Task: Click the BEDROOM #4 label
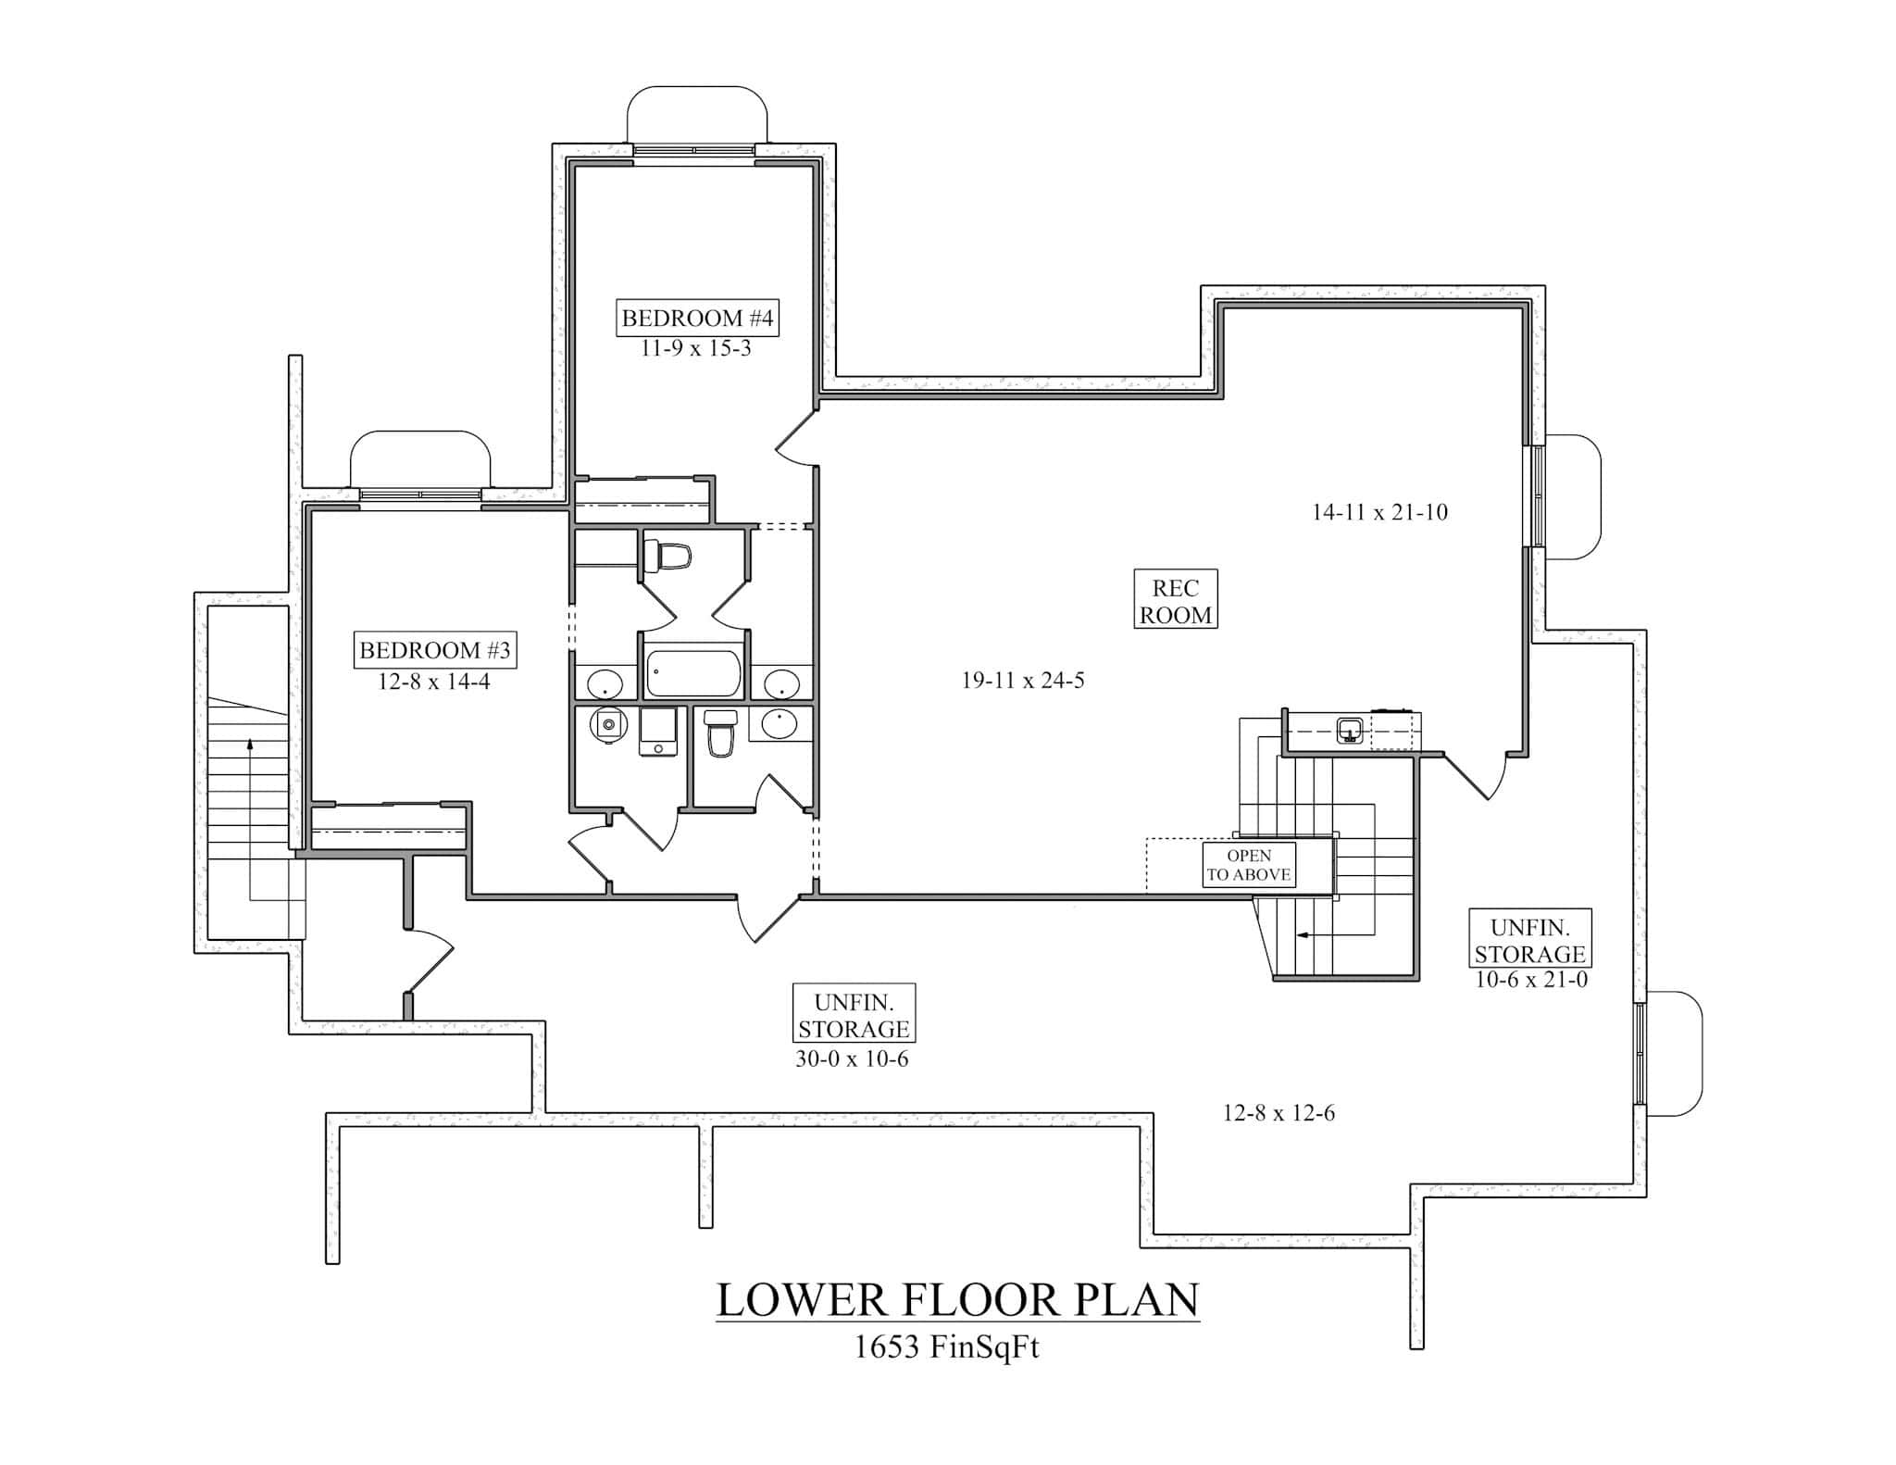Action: [x=696, y=319]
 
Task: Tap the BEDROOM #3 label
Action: [x=434, y=650]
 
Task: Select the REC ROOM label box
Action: [x=1176, y=600]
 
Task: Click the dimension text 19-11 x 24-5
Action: [x=1022, y=681]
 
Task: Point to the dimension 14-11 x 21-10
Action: [x=1379, y=512]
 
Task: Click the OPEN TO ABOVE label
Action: [x=1248, y=865]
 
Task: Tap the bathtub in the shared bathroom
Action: [x=693, y=673]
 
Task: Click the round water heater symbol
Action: [x=606, y=726]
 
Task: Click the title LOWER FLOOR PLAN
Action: [x=957, y=1299]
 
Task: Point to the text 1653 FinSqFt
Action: [x=946, y=1346]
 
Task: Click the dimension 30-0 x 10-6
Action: [x=852, y=1059]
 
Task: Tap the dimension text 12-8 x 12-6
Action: [x=1279, y=1113]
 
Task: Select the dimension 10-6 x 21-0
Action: [x=1531, y=980]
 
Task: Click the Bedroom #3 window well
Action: [x=419, y=460]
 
